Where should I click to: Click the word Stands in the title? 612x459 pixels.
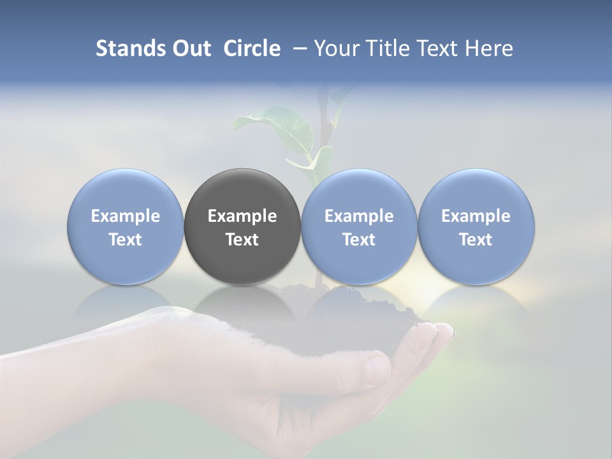(x=128, y=48)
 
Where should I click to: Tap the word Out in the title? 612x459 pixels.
(x=189, y=48)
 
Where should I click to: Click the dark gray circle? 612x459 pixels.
(x=242, y=191)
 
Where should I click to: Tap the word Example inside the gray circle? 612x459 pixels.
(x=242, y=216)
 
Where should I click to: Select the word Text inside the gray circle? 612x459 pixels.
(x=242, y=240)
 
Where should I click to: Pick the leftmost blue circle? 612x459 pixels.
(x=126, y=191)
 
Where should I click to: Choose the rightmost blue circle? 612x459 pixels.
(x=476, y=191)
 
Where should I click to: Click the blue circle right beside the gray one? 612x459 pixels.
(x=359, y=191)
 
